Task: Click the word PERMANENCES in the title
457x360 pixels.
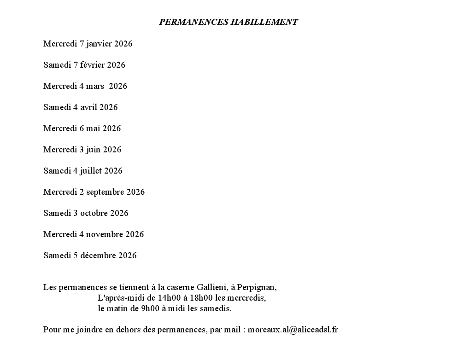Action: pyautogui.click(x=193, y=22)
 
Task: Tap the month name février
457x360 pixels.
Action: pyautogui.click(x=93, y=65)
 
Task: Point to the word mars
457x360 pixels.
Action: pyautogui.click(x=95, y=87)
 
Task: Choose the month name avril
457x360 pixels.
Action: pyautogui.click(x=88, y=108)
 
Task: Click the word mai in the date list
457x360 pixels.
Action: pyautogui.click(x=93, y=129)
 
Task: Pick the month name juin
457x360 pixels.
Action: pyautogui.click(x=93, y=150)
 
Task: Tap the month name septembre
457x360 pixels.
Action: pyautogui.click(x=105, y=192)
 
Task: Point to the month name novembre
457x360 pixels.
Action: pyautogui.click(x=105, y=235)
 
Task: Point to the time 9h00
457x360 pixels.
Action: pyautogui.click(x=150, y=309)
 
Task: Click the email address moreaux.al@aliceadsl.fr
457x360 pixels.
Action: pyautogui.click(x=293, y=330)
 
